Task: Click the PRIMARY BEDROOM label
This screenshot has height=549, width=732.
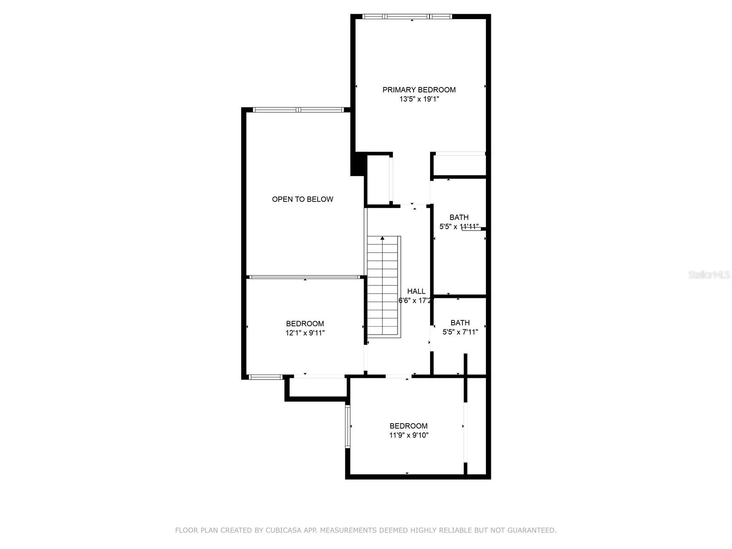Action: pyautogui.click(x=419, y=90)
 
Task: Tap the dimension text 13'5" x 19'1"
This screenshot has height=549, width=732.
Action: pyautogui.click(x=419, y=99)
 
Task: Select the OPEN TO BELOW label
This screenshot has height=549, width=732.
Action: pyautogui.click(x=302, y=199)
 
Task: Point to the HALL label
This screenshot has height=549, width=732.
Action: pyautogui.click(x=416, y=291)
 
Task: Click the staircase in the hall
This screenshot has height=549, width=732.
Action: pyautogui.click(x=383, y=287)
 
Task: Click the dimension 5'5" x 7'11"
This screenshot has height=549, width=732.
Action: pyautogui.click(x=460, y=332)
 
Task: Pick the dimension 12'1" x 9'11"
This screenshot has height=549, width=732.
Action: pyautogui.click(x=305, y=333)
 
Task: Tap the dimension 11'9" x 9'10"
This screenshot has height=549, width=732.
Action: pyautogui.click(x=409, y=435)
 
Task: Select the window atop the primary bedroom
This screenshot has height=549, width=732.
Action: pyautogui.click(x=407, y=16)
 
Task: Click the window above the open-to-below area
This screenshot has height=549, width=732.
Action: pyautogui.click(x=298, y=110)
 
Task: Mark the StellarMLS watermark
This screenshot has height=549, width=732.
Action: pyautogui.click(x=709, y=274)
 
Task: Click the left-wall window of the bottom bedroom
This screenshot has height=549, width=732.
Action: pyautogui.click(x=348, y=426)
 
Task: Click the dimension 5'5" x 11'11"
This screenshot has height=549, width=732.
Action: pyautogui.click(x=459, y=226)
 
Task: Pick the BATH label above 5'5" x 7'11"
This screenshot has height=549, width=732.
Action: pyautogui.click(x=460, y=323)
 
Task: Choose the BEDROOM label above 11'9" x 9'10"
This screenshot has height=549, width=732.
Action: pyautogui.click(x=409, y=425)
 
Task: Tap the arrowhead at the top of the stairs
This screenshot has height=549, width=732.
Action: pyautogui.click(x=382, y=238)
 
